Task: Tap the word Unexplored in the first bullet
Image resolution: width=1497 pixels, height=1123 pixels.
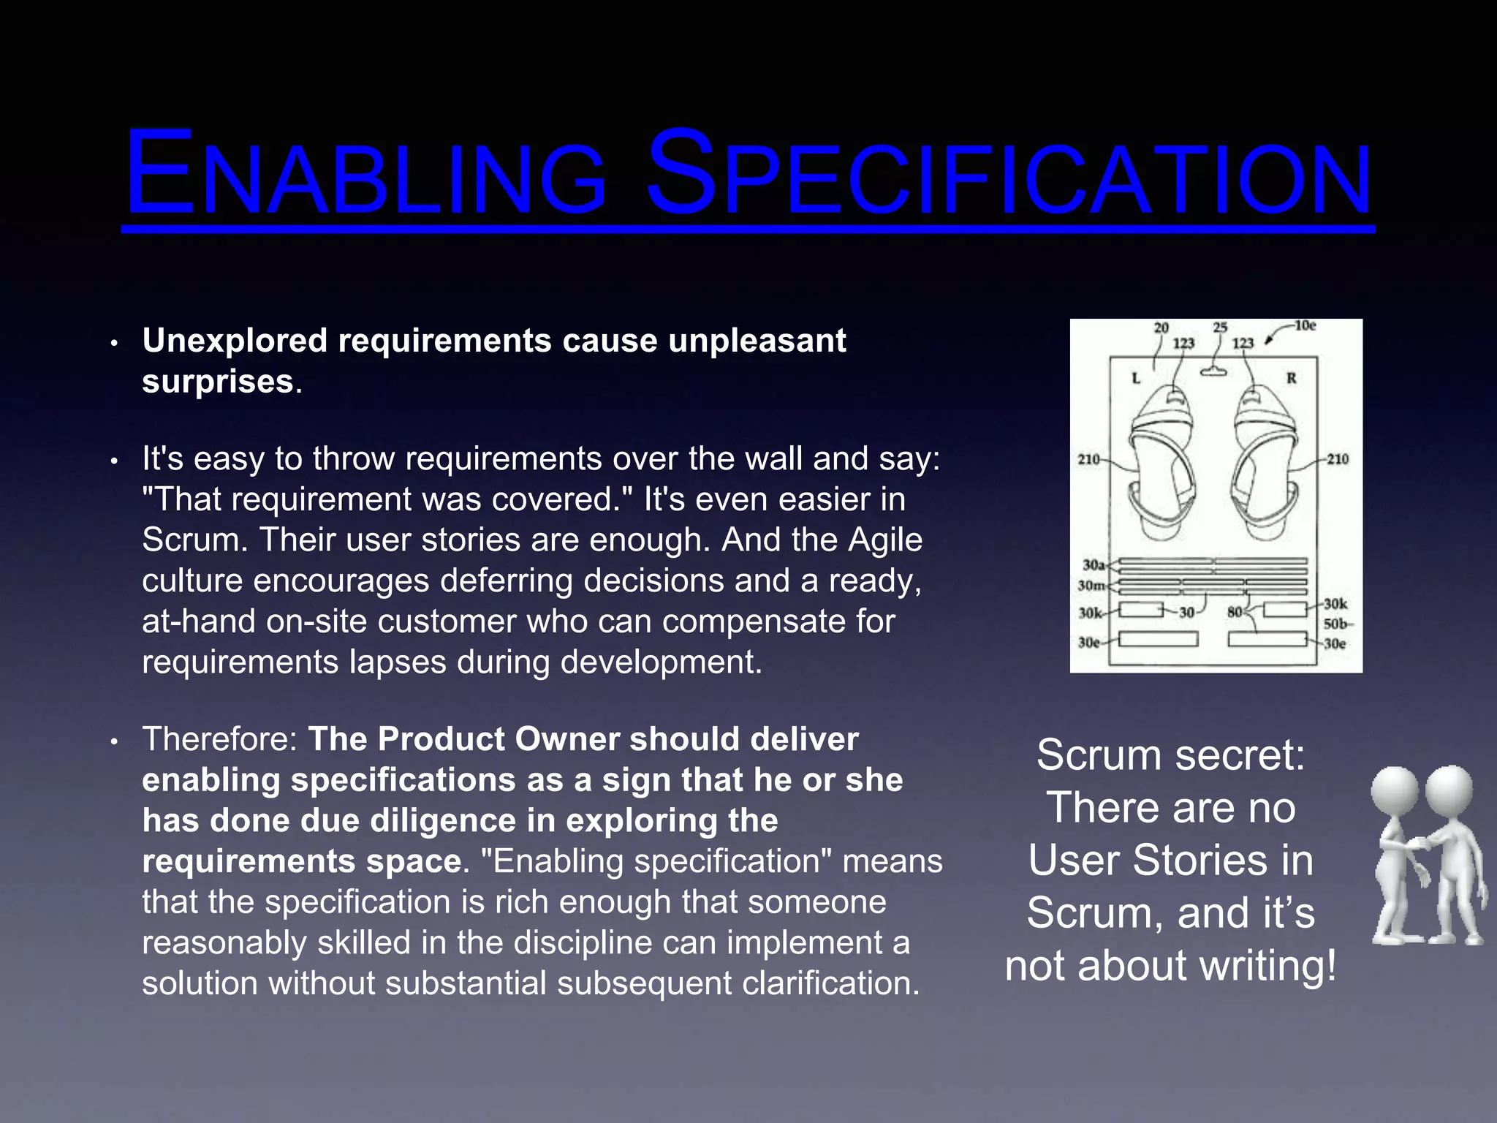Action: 235,341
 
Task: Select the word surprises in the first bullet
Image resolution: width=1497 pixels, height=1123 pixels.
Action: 218,382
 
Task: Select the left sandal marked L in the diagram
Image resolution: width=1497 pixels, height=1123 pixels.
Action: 1162,461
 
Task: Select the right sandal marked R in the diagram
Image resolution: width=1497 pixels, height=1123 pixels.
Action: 1265,461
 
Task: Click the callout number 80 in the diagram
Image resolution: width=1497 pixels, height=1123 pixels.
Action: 1235,612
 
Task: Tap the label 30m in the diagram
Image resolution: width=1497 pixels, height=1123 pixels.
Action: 1091,586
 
